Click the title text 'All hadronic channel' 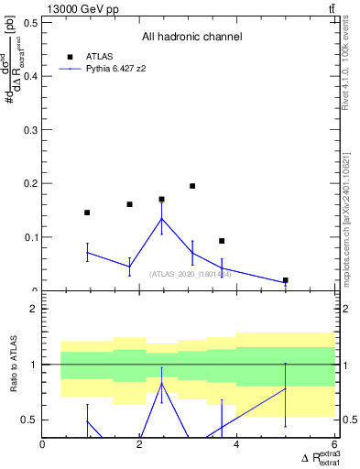click(191, 37)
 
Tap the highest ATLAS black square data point click(192, 186)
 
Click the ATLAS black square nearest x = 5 click(286, 280)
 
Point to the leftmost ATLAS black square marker click(87, 213)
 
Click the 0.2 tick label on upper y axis click(32, 183)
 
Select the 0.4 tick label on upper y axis click(32, 76)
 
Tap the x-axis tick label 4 click(238, 445)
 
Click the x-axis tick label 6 click(334, 445)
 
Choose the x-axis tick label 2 click(140, 445)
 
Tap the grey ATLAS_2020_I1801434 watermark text click(190, 273)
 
